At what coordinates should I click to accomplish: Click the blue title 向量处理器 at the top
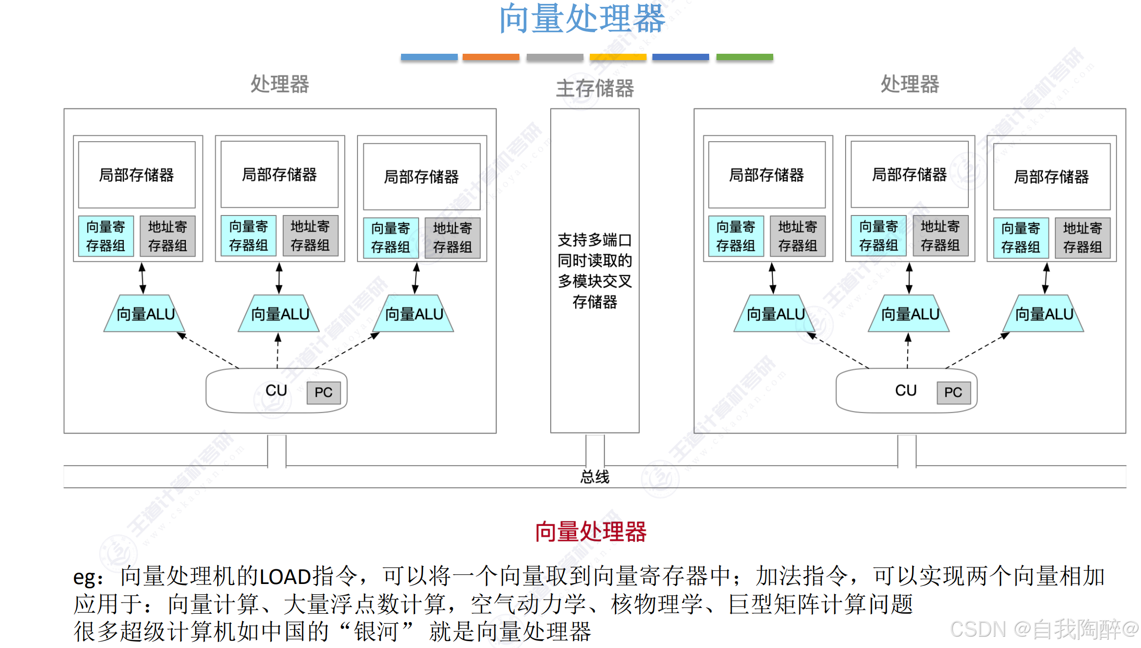582,19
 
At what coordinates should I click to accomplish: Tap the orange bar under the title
491,57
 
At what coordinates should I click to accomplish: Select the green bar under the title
744,57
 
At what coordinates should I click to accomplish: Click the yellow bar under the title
618,57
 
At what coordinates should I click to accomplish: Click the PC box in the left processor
323,392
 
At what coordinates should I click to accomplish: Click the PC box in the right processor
953,392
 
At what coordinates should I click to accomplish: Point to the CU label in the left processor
276,390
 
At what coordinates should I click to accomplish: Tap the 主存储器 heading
595,88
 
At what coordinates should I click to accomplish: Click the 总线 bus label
595,476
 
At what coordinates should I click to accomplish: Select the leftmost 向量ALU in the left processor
145,314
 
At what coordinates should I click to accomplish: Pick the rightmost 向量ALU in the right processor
1044,314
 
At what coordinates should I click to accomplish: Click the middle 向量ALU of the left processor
280,314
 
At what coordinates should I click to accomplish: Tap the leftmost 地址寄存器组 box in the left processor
167,236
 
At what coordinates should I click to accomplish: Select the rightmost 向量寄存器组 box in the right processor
1020,238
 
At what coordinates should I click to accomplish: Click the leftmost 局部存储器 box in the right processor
766,175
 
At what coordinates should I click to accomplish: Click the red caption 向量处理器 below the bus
590,532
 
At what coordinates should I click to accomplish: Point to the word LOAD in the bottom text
285,577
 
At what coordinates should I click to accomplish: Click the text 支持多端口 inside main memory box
595,240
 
